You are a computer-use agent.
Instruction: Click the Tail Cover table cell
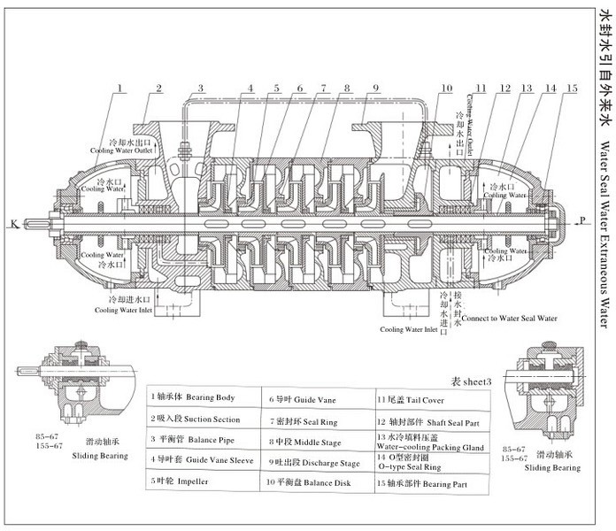412,398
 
